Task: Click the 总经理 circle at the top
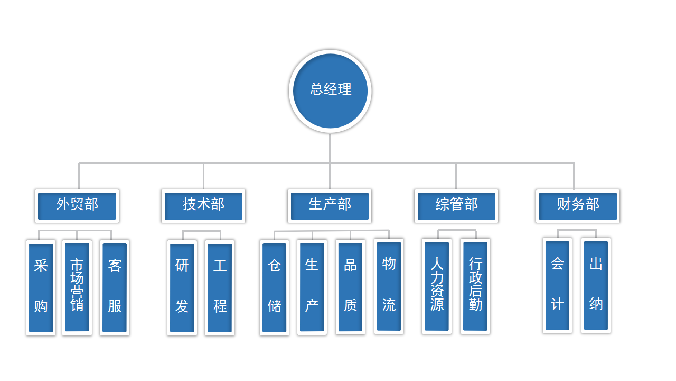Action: coord(330,90)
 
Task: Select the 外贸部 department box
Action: coord(77,205)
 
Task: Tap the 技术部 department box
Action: coord(203,205)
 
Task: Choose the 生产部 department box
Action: coord(330,205)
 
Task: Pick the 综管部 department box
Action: coord(456,205)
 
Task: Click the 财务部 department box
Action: coord(578,205)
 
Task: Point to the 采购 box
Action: coord(41,287)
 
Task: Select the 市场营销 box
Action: coord(77,287)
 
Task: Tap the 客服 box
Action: coord(115,287)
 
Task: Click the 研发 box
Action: coord(182,287)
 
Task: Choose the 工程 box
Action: coord(220,287)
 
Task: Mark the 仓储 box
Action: coord(274,287)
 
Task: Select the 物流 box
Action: coord(389,286)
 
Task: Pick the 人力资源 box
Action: coord(437,286)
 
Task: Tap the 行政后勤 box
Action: coord(475,286)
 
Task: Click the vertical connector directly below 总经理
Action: coord(330,148)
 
